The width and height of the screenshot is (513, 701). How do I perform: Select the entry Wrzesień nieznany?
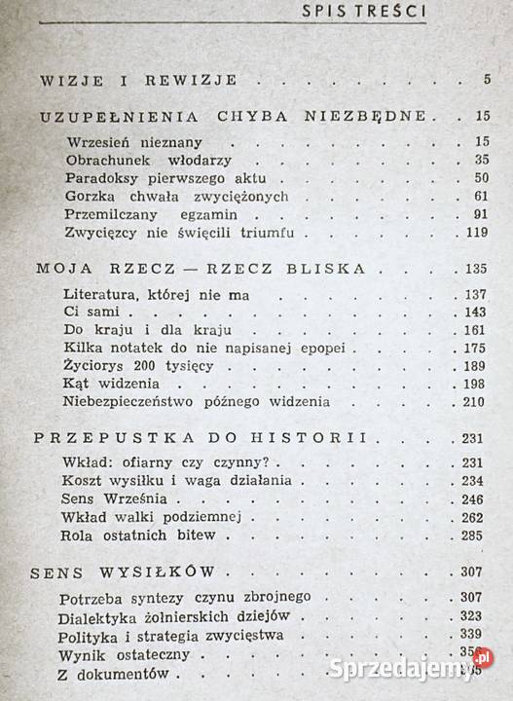pos(127,141)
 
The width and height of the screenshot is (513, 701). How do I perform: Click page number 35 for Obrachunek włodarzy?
pos(477,160)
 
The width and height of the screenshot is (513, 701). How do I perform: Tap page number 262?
pos(473,516)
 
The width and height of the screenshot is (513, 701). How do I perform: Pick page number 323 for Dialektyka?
pos(473,616)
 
